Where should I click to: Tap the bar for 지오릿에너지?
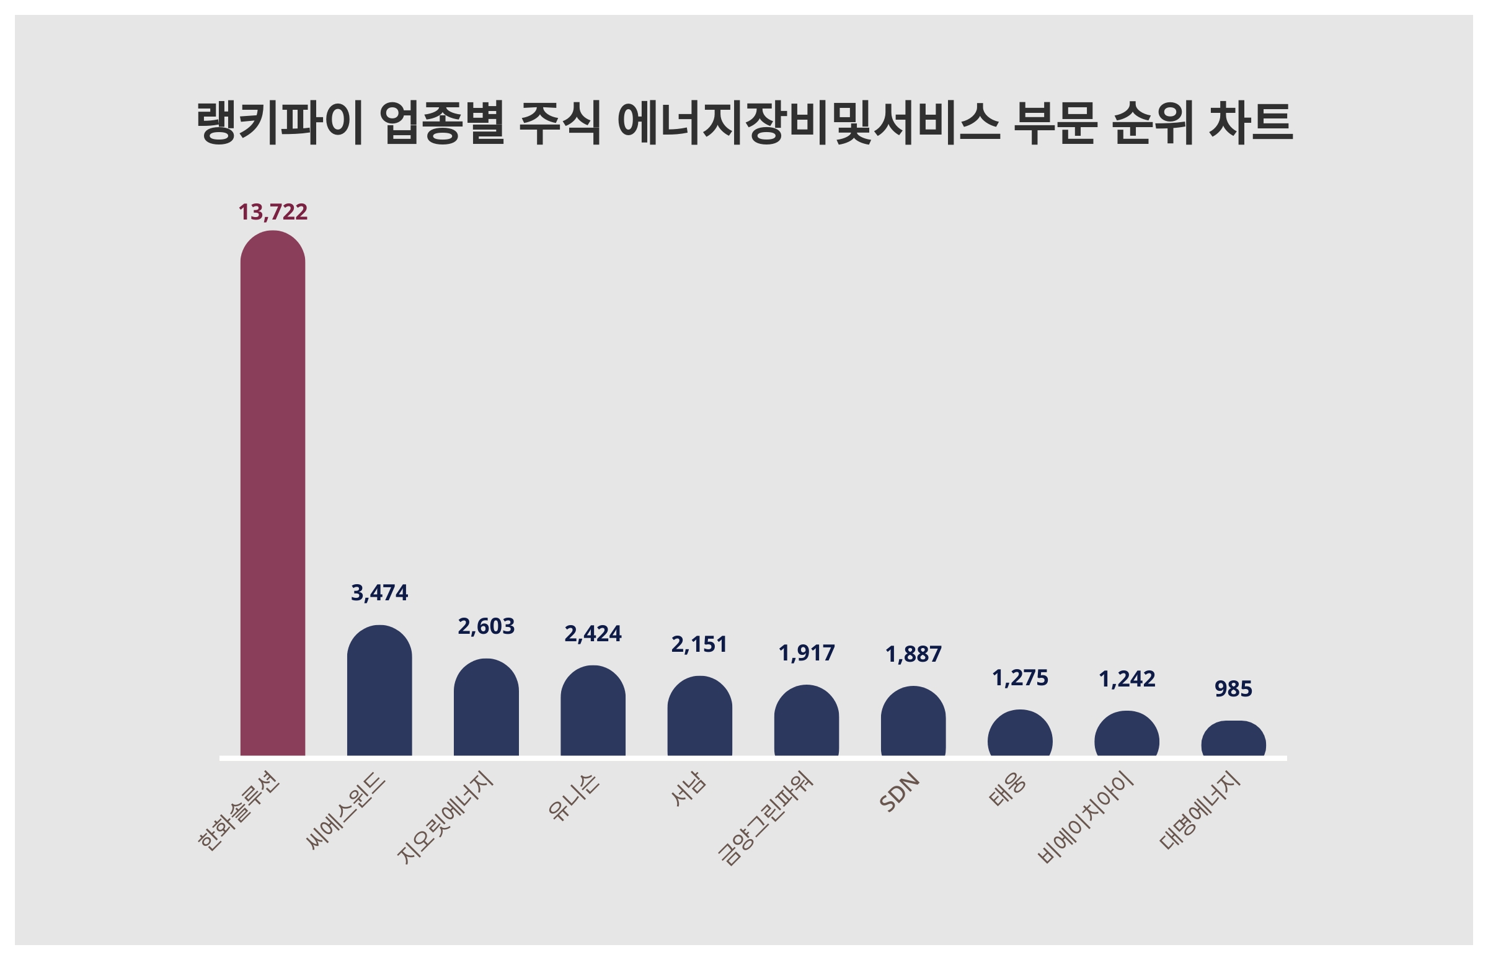(x=486, y=708)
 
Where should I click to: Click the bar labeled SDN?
(x=913, y=721)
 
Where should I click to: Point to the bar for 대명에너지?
(x=1233, y=739)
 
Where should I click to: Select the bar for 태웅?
(x=1019, y=733)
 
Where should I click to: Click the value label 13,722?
(x=273, y=213)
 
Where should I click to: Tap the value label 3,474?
(x=379, y=593)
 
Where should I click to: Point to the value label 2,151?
(x=699, y=644)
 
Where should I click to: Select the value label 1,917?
(x=807, y=653)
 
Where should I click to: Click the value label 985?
(x=1233, y=689)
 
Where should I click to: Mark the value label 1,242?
(x=1127, y=679)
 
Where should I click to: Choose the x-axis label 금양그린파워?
(x=766, y=819)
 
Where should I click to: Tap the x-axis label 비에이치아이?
(x=1086, y=819)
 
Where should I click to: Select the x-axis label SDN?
(x=900, y=793)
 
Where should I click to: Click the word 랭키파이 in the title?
(x=279, y=122)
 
